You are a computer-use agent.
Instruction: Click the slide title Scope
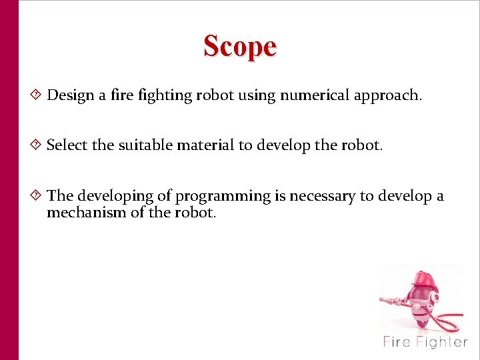(x=240, y=47)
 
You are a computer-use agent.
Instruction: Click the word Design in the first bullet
(x=71, y=95)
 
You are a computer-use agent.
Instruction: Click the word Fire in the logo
(x=397, y=343)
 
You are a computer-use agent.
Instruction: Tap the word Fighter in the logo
(x=442, y=343)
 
